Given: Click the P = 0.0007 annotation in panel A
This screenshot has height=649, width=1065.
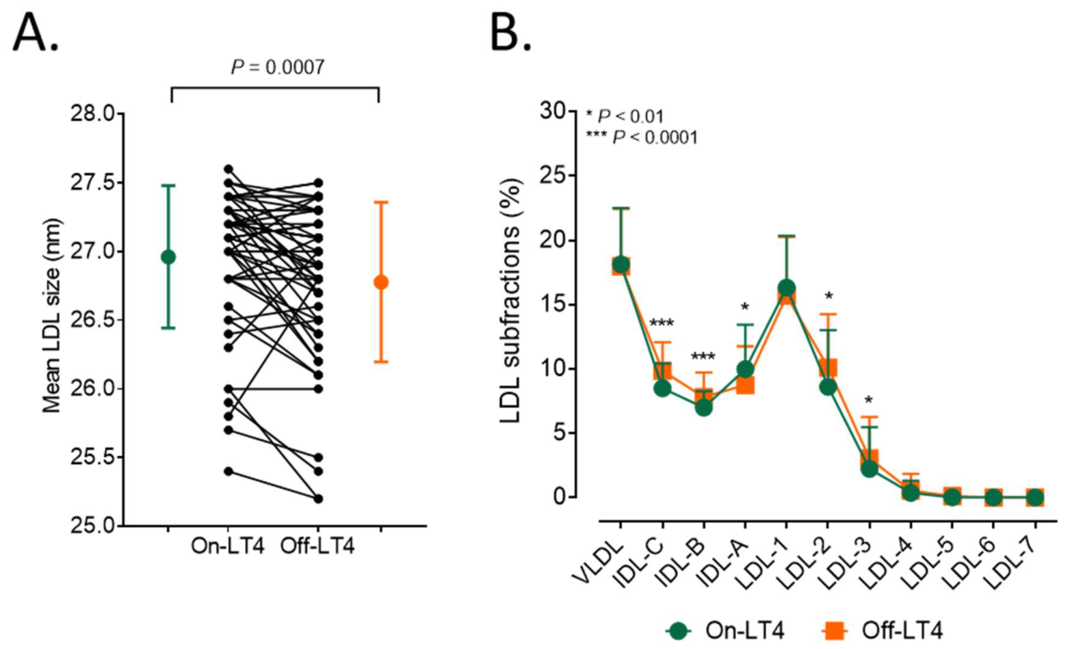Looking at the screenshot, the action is click(278, 67).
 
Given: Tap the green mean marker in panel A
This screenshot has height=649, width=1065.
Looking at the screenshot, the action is click(169, 257).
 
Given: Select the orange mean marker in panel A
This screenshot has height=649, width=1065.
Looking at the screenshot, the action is click(381, 282).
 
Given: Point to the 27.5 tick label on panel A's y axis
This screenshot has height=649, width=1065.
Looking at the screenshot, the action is click(92, 183).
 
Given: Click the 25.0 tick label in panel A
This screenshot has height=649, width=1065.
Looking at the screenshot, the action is click(92, 526).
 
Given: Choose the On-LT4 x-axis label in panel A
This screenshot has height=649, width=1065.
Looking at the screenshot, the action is click(227, 547).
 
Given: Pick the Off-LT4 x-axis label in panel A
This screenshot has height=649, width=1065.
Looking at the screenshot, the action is click(317, 547).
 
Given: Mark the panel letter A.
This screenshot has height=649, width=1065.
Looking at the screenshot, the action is click(35, 29).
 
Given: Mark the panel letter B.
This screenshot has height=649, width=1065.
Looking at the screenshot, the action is click(510, 29).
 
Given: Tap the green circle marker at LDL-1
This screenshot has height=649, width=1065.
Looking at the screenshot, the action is click(786, 287).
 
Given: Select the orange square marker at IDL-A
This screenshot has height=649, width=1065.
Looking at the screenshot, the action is click(744, 385).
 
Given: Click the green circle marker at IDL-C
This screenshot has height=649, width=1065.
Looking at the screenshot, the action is click(662, 388).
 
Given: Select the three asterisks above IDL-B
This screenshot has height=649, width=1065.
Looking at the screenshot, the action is click(702, 357).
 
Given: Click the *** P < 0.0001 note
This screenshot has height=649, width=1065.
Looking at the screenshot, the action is click(642, 138).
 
